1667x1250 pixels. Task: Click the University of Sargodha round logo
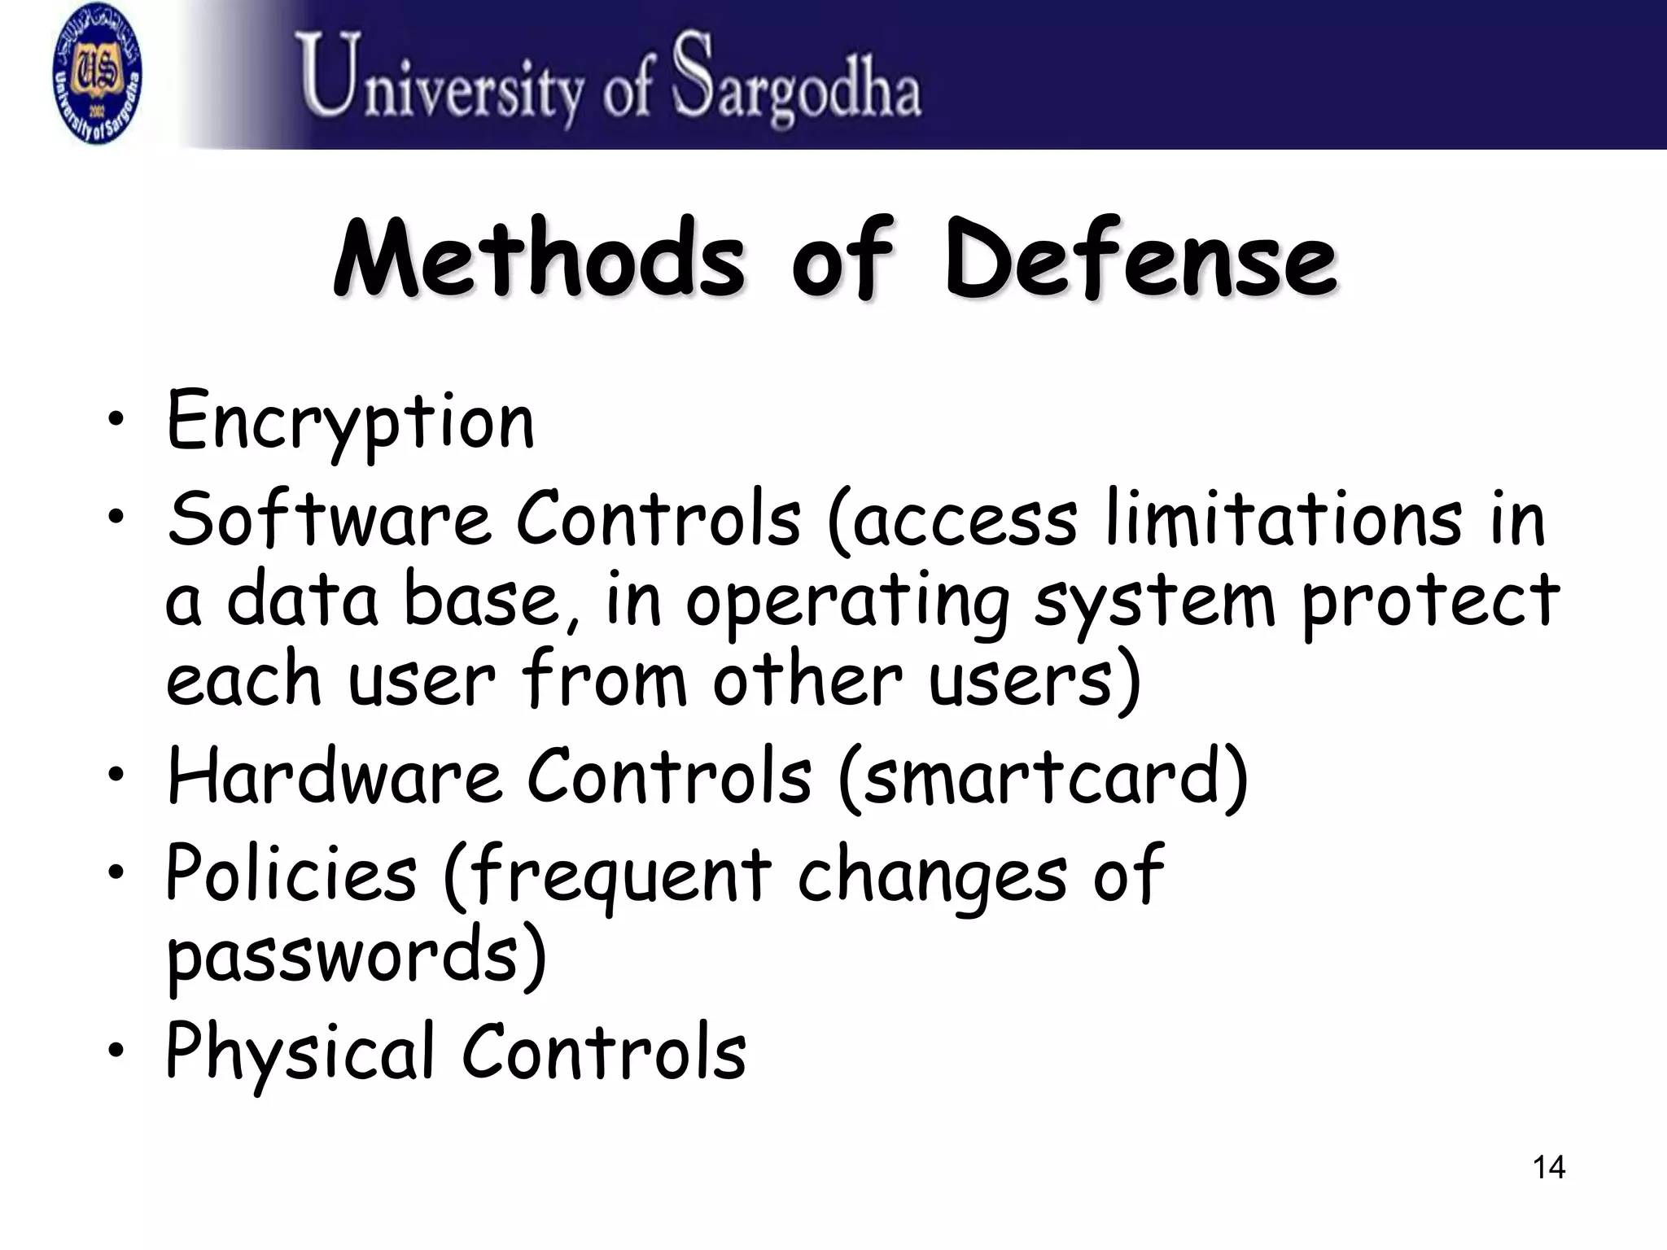point(97,76)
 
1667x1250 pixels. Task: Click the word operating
point(847,602)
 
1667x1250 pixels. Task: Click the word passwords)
point(356,955)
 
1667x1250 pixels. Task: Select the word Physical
point(300,1053)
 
